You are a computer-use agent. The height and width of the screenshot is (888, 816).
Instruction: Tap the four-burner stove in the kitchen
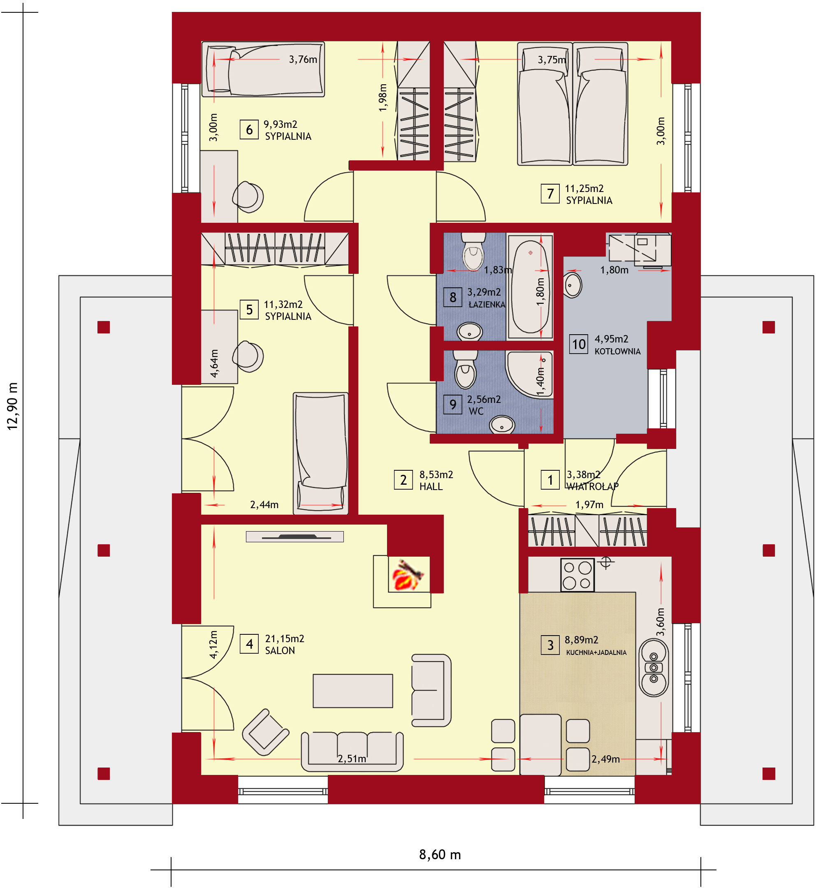pyautogui.click(x=577, y=575)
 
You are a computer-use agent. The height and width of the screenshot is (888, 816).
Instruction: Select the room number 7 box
pyautogui.click(x=550, y=194)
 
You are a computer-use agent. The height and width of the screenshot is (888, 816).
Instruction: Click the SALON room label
pyautogui.click(x=280, y=650)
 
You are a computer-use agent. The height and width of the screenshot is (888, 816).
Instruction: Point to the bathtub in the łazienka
pyautogui.click(x=530, y=287)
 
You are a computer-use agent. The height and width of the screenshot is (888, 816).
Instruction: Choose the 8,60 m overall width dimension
pyautogui.click(x=440, y=854)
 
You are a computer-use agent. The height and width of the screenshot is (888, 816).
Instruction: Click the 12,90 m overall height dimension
pyautogui.click(x=12, y=406)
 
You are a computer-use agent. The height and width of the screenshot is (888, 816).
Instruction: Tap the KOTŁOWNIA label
pyautogui.click(x=617, y=351)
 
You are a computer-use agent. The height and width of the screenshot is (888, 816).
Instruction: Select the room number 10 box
pyautogui.click(x=579, y=344)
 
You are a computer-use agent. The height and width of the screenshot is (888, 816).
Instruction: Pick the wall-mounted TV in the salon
pyautogui.click(x=295, y=536)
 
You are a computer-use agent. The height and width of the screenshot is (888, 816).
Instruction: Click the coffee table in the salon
pyautogui.click(x=353, y=691)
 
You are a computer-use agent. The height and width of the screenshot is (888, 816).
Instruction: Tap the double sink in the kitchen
pyautogui.click(x=654, y=667)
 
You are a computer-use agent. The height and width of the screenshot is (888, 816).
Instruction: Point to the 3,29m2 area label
pyautogui.click(x=484, y=292)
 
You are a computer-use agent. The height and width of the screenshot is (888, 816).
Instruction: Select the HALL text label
pyautogui.click(x=431, y=486)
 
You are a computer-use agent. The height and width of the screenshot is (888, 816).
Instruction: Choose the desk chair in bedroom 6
pyautogui.click(x=248, y=197)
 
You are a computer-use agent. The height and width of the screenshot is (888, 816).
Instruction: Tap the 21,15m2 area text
pyautogui.click(x=284, y=638)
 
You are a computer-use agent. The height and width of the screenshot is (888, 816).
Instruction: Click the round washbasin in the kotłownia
pyautogui.click(x=573, y=286)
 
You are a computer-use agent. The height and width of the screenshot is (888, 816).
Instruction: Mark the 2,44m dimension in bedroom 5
pyautogui.click(x=264, y=504)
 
